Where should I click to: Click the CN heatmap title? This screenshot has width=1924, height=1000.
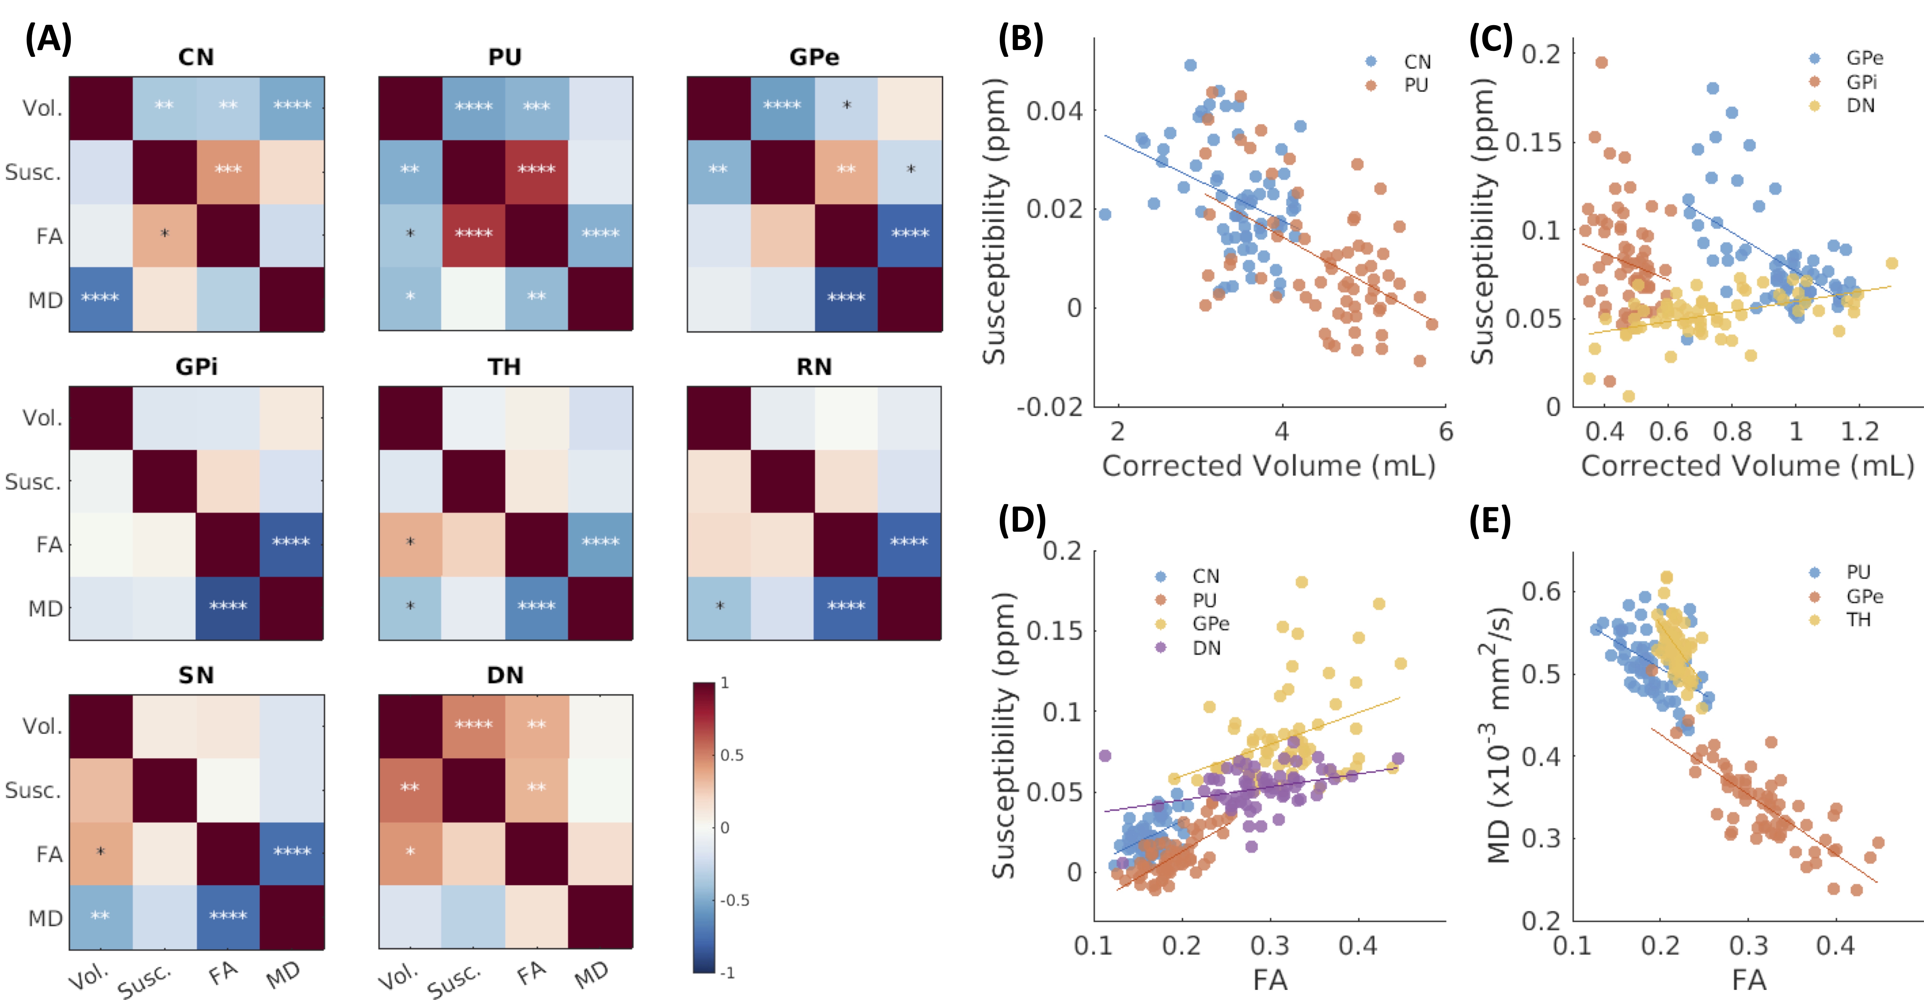(196, 57)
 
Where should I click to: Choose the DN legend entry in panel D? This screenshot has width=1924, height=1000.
(1206, 648)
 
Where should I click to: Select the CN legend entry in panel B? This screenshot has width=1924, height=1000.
(1417, 62)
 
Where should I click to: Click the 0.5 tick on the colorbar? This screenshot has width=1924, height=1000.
(732, 755)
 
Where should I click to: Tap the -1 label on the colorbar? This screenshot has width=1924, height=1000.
(726, 972)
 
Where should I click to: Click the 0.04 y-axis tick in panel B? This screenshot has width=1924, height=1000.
(1053, 111)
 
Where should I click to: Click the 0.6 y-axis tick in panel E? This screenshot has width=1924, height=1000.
(1541, 591)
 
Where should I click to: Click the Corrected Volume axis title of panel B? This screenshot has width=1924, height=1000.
(1268, 466)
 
